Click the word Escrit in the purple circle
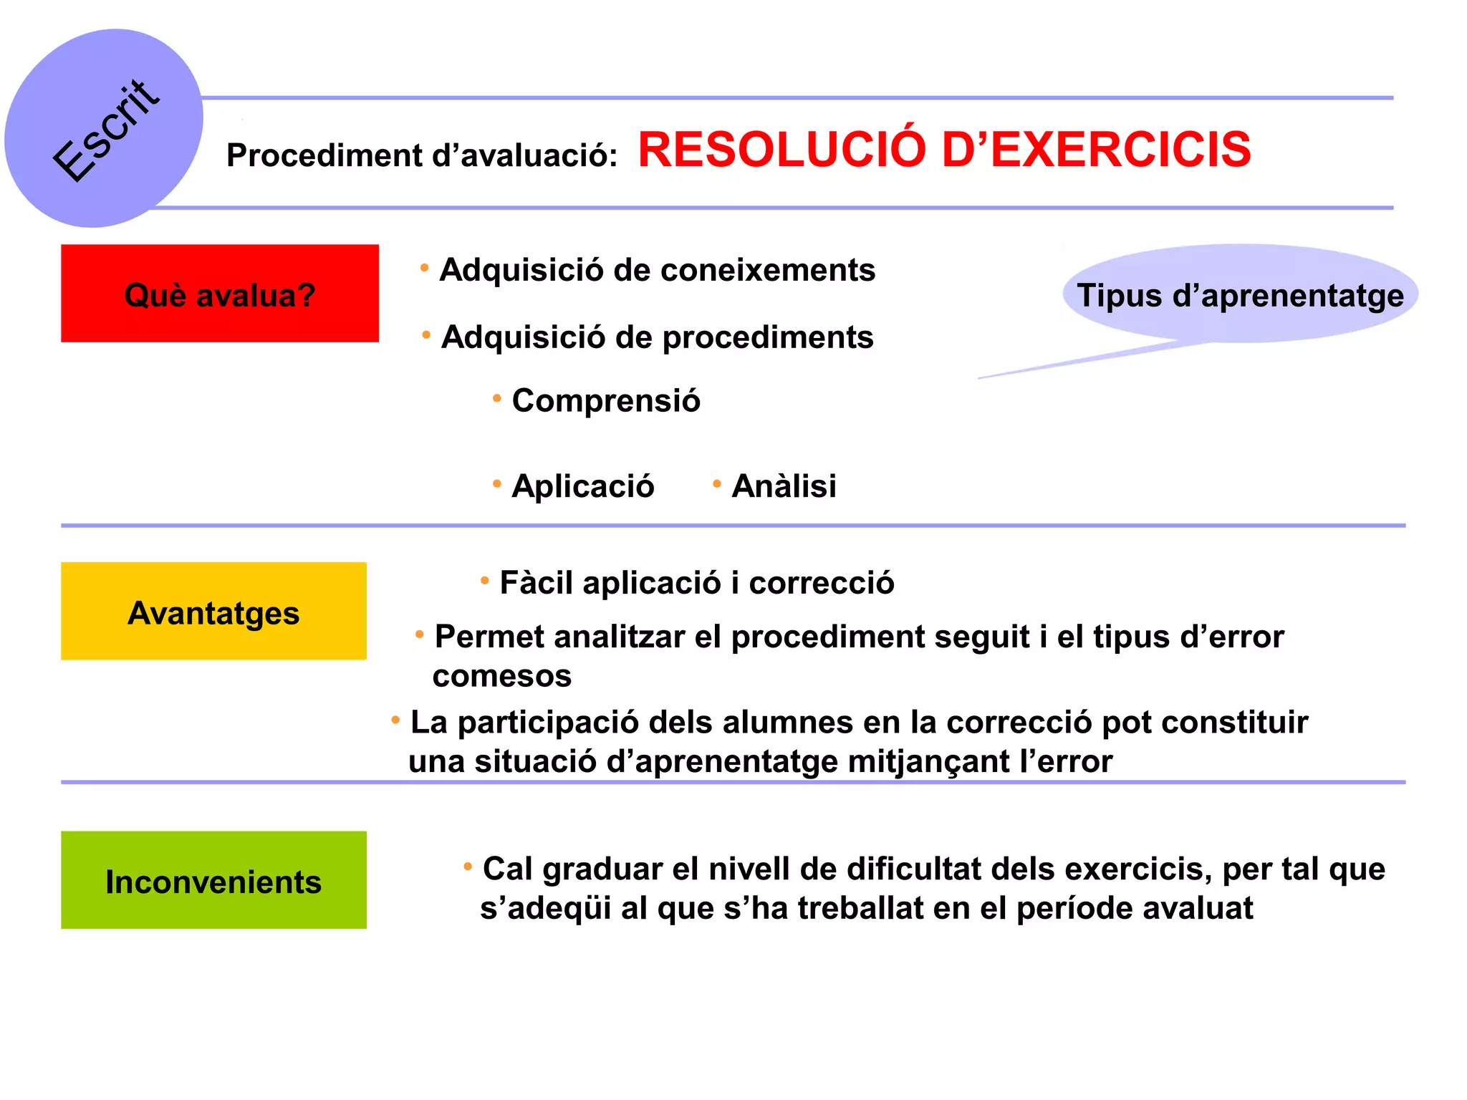pos(106,131)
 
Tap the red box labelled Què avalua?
pos(220,294)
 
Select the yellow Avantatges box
pos(213,612)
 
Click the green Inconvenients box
pos(213,880)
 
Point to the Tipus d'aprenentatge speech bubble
pos(1240,294)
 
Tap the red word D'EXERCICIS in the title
pos(1096,150)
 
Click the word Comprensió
pos(606,400)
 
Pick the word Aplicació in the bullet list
pos(582,486)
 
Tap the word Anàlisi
pos(784,486)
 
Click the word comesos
pos(502,676)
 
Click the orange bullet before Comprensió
pos(496,398)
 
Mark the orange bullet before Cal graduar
pos(468,867)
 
